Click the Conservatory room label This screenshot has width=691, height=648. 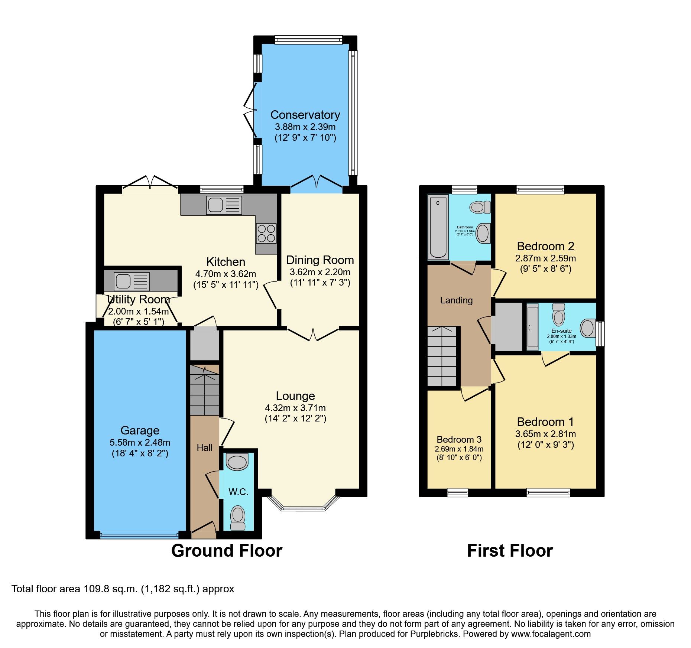(x=305, y=115)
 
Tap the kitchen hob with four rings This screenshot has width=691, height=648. (x=266, y=234)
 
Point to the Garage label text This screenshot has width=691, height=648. (x=140, y=430)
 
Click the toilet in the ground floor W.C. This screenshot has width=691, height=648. (x=238, y=518)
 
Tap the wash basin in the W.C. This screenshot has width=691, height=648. (x=237, y=462)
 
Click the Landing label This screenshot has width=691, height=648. (x=456, y=300)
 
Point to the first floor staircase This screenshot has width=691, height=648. (x=442, y=356)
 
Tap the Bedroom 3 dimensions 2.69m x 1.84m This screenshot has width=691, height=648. (x=459, y=449)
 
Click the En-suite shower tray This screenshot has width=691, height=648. (x=532, y=327)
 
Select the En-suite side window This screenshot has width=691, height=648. (x=600, y=333)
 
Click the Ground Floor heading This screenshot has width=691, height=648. (x=227, y=550)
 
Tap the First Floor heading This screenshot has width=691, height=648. (x=510, y=550)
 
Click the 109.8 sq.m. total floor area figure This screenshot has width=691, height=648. (x=111, y=589)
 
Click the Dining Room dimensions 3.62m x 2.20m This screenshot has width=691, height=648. (x=320, y=272)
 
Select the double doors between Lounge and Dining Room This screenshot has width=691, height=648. (x=313, y=333)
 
